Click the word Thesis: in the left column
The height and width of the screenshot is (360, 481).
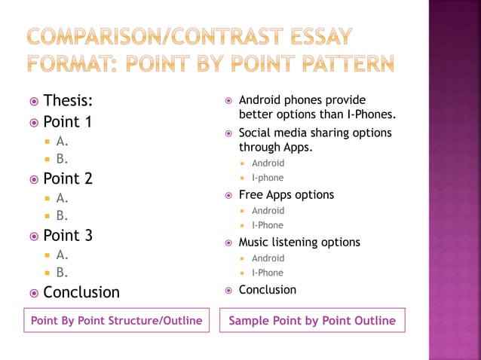(68, 102)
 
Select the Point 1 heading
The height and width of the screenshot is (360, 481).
(67, 121)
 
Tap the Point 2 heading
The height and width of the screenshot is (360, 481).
(67, 178)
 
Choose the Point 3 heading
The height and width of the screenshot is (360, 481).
(67, 236)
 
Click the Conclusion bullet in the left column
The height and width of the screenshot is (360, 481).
(81, 292)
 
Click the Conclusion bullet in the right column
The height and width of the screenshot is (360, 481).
(267, 290)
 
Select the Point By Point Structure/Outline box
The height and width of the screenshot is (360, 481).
(116, 321)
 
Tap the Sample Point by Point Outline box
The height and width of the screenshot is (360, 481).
(312, 321)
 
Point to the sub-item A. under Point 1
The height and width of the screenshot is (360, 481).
(62, 141)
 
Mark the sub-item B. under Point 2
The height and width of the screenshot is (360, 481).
(62, 216)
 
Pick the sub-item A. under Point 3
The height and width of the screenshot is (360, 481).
(62, 255)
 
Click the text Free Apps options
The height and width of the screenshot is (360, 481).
(286, 195)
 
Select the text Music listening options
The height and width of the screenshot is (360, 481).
(299, 243)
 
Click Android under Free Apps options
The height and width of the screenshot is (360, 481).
(268, 211)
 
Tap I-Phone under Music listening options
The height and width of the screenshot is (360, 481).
(268, 273)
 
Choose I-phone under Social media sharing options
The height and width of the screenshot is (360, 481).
(268, 178)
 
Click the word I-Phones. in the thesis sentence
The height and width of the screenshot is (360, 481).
(371, 114)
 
